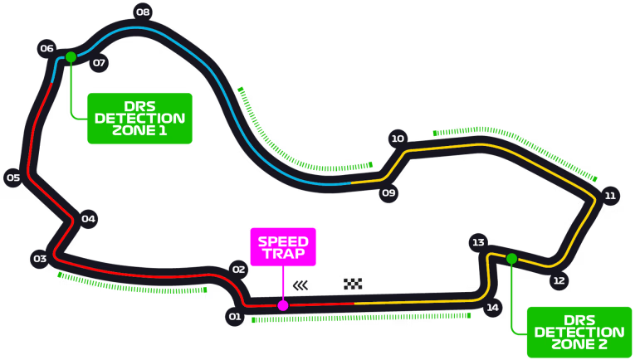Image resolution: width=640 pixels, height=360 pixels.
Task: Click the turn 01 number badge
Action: pyautogui.click(x=235, y=316)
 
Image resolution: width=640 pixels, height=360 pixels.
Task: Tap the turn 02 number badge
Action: pyautogui.click(x=239, y=269)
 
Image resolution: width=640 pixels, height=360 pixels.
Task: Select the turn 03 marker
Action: pyautogui.click(x=39, y=259)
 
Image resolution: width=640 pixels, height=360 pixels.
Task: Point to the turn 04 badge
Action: pyautogui.click(x=89, y=219)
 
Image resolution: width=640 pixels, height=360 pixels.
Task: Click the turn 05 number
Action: pyautogui.click(x=13, y=178)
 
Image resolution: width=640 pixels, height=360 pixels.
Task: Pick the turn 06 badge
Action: pyautogui.click(x=46, y=48)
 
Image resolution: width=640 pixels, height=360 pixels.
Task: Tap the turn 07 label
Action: pyautogui.click(x=100, y=62)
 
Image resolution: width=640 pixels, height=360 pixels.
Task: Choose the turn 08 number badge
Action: pyautogui.click(x=143, y=12)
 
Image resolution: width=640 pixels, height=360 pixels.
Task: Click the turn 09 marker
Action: pyautogui.click(x=388, y=193)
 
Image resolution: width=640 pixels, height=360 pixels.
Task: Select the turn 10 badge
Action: pyautogui.click(x=398, y=139)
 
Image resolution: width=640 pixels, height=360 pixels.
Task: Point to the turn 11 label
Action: pyautogui.click(x=610, y=196)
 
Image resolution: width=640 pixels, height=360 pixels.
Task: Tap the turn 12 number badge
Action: pyautogui.click(x=559, y=280)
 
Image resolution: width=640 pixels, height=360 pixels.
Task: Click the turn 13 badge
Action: pyautogui.click(x=477, y=242)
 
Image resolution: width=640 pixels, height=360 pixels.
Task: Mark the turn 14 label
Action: pyautogui.click(x=493, y=308)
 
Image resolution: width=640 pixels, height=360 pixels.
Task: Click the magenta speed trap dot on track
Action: pyautogui.click(x=283, y=305)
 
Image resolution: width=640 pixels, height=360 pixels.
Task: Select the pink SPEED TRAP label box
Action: pyautogui.click(x=283, y=246)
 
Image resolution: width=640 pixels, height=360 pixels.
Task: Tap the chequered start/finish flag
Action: pyautogui.click(x=354, y=285)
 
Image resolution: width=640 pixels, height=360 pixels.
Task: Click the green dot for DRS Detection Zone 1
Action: pyautogui.click(x=71, y=56)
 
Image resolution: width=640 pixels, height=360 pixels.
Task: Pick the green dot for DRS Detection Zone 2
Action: pyautogui.click(x=511, y=259)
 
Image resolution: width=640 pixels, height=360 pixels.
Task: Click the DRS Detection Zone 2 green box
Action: pyautogui.click(x=579, y=332)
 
